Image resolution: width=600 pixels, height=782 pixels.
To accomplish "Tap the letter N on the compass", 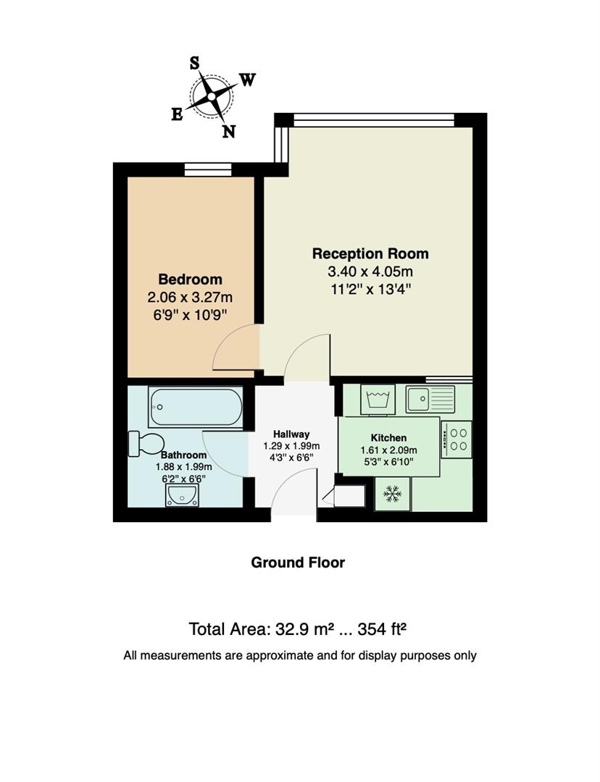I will point(228,131).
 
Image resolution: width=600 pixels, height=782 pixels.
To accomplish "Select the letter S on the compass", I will point(195,63).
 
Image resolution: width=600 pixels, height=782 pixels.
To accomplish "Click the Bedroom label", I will point(190,279).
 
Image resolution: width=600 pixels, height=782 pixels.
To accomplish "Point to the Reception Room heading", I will point(370,254).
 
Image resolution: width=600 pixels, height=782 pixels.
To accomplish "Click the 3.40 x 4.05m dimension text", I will point(370,272).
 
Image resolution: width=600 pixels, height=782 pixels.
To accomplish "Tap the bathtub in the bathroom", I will point(196,407).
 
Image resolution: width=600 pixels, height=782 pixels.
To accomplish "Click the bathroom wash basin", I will point(182,495).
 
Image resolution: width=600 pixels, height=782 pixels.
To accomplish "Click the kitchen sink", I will point(430,398).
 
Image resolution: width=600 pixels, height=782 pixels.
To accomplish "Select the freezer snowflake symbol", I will point(392,494).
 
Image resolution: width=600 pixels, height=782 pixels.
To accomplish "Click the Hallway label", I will point(291,434).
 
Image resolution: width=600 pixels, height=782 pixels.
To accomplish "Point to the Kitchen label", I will point(388,438).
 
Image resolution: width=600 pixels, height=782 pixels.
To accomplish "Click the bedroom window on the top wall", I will point(208,169).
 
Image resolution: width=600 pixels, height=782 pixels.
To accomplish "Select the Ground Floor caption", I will point(298,563).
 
